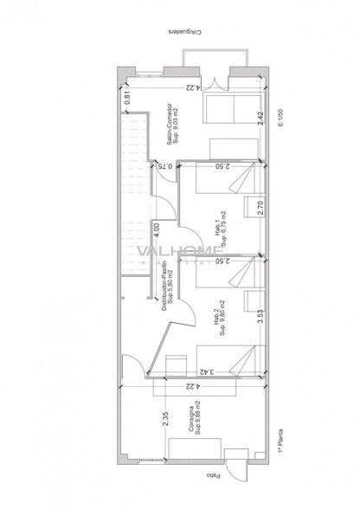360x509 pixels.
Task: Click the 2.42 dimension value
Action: [x=260, y=119]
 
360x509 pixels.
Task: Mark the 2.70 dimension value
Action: [x=260, y=207]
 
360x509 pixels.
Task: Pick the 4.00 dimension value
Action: [x=156, y=229]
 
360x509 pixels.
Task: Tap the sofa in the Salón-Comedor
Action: [x=228, y=110]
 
